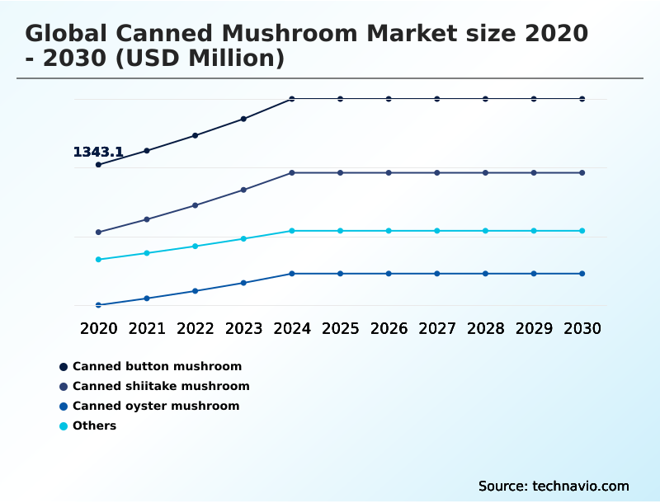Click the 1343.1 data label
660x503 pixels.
98,152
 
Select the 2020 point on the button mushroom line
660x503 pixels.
98,165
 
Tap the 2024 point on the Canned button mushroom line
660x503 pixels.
292,99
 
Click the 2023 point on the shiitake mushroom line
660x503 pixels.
243,190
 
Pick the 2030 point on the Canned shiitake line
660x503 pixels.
582,173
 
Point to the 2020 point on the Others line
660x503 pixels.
98,260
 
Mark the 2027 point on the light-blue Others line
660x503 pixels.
437,231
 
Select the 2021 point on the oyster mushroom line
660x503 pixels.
147,299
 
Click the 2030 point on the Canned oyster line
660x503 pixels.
582,274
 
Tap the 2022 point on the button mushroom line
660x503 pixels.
196,135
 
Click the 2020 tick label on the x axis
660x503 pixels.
98,328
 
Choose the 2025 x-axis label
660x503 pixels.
340,328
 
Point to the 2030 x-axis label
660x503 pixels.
582,328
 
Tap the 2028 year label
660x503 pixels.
485,328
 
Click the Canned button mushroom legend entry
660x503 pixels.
157,366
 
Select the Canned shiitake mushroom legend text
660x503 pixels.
161,386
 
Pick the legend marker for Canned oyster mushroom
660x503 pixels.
64,406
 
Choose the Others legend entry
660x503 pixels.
94,425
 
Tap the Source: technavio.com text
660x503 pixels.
554,486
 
